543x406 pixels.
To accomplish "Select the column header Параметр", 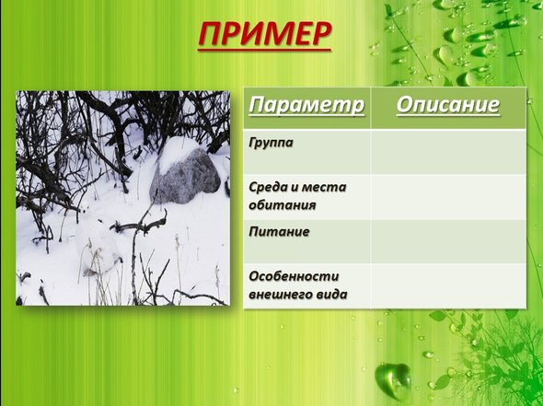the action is pyautogui.click(x=306, y=105).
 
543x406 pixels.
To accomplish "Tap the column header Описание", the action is pyautogui.click(x=448, y=104).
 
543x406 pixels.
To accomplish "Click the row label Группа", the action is pyautogui.click(x=271, y=143).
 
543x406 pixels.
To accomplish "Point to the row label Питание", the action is pyautogui.click(x=279, y=231).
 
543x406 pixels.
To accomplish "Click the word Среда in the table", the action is pyautogui.click(x=269, y=188).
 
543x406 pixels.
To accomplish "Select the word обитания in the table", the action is pyautogui.click(x=283, y=204).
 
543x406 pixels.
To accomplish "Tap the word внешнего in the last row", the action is pyautogui.click(x=276, y=295).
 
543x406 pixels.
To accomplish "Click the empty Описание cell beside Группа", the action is pyautogui.click(x=448, y=152).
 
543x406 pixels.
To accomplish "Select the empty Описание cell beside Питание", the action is pyautogui.click(x=448, y=241).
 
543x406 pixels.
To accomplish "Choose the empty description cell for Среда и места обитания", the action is pyautogui.click(x=448, y=197).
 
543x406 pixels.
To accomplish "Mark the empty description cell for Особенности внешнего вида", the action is pyautogui.click(x=448, y=285).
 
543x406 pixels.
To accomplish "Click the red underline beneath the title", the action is pyautogui.click(x=264, y=51).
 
